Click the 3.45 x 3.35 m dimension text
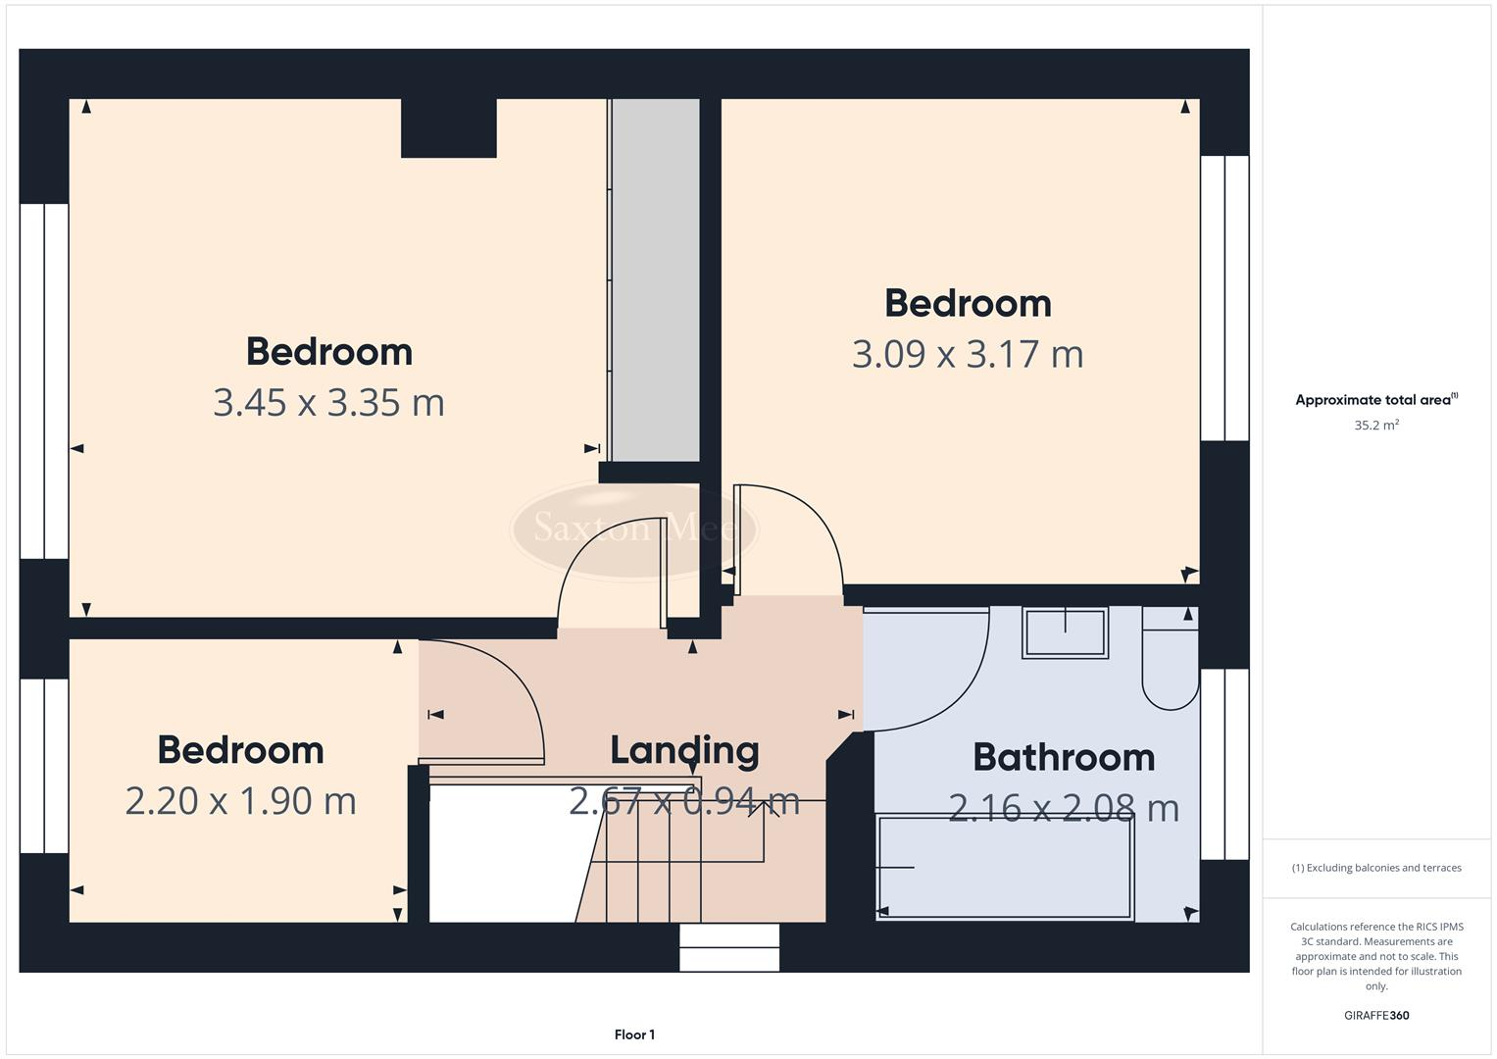pyautogui.click(x=328, y=403)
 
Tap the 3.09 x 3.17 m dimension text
pyautogui.click(x=968, y=354)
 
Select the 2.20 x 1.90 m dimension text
pyautogui.click(x=240, y=801)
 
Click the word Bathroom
pyautogui.click(x=1064, y=757)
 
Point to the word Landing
pyautogui.click(x=684, y=750)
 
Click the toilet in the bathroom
pyautogui.click(x=1170, y=667)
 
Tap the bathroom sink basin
pyautogui.click(x=1065, y=632)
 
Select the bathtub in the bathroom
pyautogui.click(x=1005, y=867)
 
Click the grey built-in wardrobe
pyautogui.click(x=655, y=279)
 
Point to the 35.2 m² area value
pyautogui.click(x=1376, y=426)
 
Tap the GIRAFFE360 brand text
pyautogui.click(x=1376, y=1016)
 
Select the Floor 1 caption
pyautogui.click(x=634, y=1034)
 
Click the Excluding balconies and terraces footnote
pyautogui.click(x=1376, y=868)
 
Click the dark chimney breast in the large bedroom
pyautogui.click(x=448, y=128)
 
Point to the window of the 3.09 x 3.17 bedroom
pyautogui.click(x=1224, y=298)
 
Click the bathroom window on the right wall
pyautogui.click(x=1224, y=764)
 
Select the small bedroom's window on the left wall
pyautogui.click(x=44, y=765)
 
